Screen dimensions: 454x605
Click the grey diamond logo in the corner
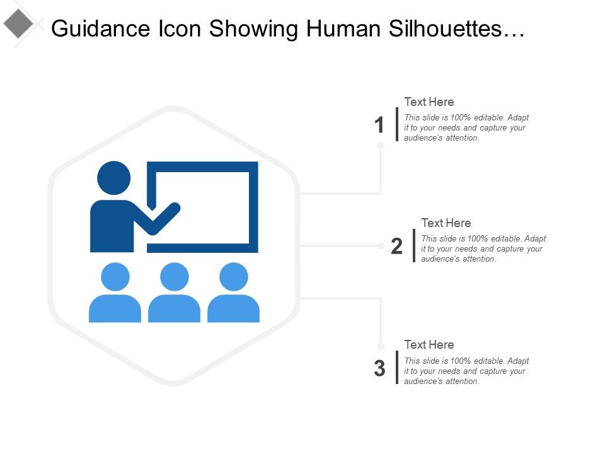(x=18, y=25)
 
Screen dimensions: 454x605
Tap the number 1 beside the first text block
(x=379, y=125)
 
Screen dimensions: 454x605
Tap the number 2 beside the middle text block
(x=396, y=247)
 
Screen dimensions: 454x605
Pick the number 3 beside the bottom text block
(x=379, y=369)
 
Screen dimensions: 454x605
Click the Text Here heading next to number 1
(x=429, y=102)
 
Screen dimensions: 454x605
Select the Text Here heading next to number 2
(x=446, y=223)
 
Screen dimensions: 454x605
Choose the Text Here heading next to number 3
(x=429, y=344)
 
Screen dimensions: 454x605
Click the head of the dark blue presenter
(x=114, y=177)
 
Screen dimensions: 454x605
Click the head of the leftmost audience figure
(x=115, y=277)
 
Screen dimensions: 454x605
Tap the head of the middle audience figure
(x=175, y=277)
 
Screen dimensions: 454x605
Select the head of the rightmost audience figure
(x=233, y=277)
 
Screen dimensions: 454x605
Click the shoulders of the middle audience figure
(x=175, y=308)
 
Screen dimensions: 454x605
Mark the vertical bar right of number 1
(x=397, y=124)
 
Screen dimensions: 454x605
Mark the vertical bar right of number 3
(x=397, y=367)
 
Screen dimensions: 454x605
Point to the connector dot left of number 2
(x=381, y=245)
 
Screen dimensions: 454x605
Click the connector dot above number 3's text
(x=381, y=346)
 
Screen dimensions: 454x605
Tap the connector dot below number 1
(x=381, y=146)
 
